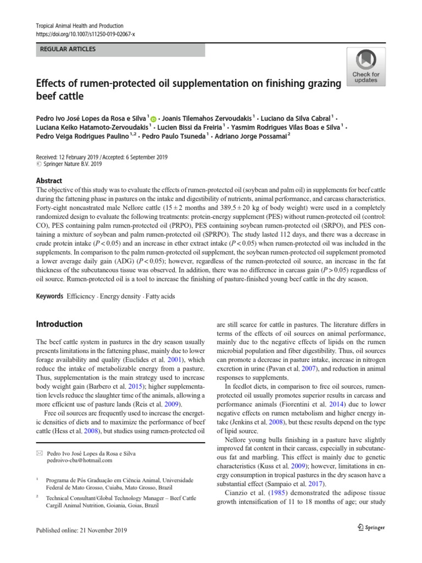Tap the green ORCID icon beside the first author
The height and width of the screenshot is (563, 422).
pyautogui.click(x=153, y=118)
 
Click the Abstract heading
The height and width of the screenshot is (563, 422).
pyautogui.click(x=49, y=181)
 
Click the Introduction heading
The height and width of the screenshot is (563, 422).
pyautogui.click(x=59, y=324)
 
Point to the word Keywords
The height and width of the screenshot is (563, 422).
pyautogui.click(x=49, y=296)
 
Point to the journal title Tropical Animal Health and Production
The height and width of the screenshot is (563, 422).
pyautogui.click(x=79, y=26)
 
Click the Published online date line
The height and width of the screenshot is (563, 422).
pyautogui.click(x=81, y=530)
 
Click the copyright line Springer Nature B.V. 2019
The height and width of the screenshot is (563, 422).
pyautogui.click(x=71, y=164)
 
